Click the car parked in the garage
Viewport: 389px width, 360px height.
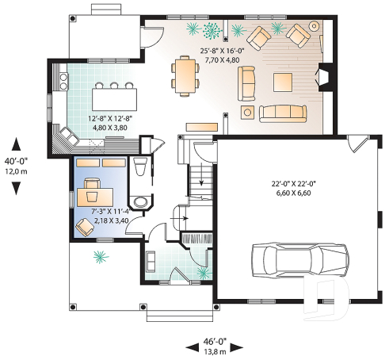pyautogui.click(x=299, y=259)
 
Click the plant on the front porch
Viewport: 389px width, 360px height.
pyautogui.click(x=99, y=256)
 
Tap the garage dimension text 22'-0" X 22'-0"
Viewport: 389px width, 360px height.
pyautogui.click(x=292, y=185)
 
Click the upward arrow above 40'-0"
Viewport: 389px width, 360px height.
pyautogui.click(x=17, y=142)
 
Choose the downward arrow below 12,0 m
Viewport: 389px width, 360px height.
pyautogui.click(x=17, y=187)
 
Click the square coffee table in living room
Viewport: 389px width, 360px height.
pyautogui.click(x=284, y=82)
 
